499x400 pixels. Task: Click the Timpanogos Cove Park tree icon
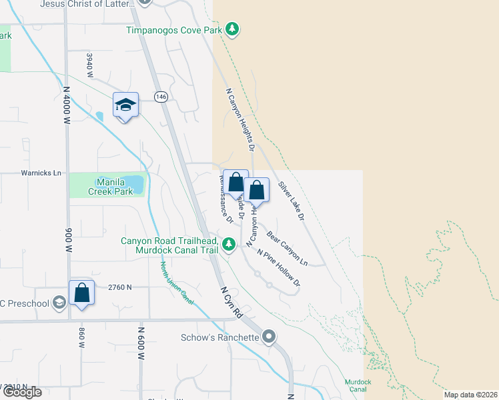click(232, 29)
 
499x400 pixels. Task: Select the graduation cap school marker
click(125, 105)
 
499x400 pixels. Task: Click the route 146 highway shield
click(160, 97)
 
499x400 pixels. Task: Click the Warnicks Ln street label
click(41, 173)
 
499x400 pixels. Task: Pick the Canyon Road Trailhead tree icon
click(229, 245)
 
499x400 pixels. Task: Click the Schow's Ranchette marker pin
click(269, 337)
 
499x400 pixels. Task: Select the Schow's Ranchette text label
click(219, 337)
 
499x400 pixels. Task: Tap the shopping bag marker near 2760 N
click(81, 293)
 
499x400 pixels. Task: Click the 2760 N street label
click(121, 287)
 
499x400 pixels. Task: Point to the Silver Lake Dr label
click(292, 201)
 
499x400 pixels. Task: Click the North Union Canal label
click(177, 283)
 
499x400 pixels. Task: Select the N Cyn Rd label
click(230, 302)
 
